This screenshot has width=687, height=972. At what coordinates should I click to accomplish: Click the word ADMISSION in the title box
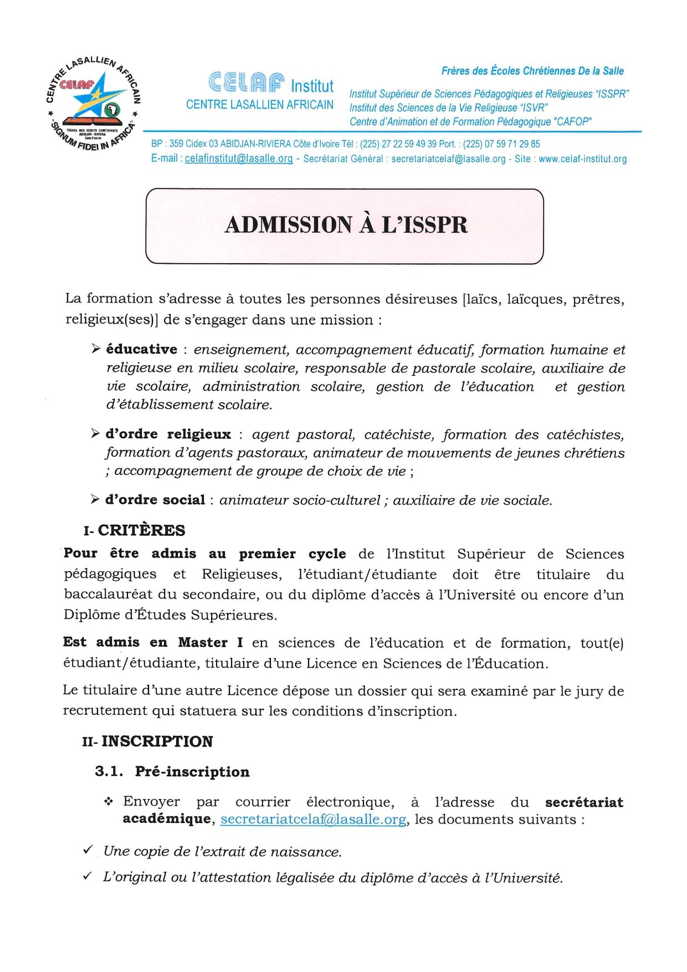[288, 225]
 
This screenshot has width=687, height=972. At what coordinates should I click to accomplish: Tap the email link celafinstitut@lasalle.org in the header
[238, 159]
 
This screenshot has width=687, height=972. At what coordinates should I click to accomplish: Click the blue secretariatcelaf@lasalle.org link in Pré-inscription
[313, 819]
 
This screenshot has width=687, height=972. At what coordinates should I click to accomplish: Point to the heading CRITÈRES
[141, 530]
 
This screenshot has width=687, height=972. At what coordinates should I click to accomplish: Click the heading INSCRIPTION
[157, 741]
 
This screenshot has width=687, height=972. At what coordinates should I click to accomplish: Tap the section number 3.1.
[109, 771]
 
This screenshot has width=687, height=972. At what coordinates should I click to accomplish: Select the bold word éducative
[142, 349]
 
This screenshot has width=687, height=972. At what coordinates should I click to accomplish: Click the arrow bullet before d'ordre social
[95, 499]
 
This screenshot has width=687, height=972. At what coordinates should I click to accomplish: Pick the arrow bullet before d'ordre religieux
[95, 433]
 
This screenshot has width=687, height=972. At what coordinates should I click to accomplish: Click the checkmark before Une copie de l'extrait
[88, 850]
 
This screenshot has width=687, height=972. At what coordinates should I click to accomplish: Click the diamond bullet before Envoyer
[109, 801]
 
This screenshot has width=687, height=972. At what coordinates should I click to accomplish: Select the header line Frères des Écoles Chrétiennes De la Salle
[532, 71]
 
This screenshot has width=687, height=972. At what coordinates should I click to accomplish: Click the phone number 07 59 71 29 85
[512, 144]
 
